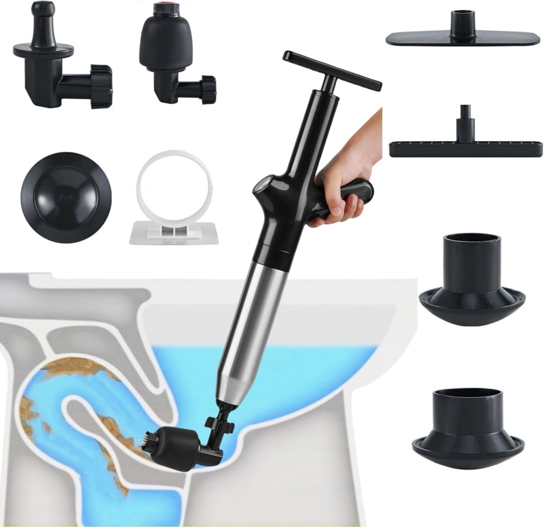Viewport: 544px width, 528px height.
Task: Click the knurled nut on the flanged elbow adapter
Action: coord(100,87)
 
